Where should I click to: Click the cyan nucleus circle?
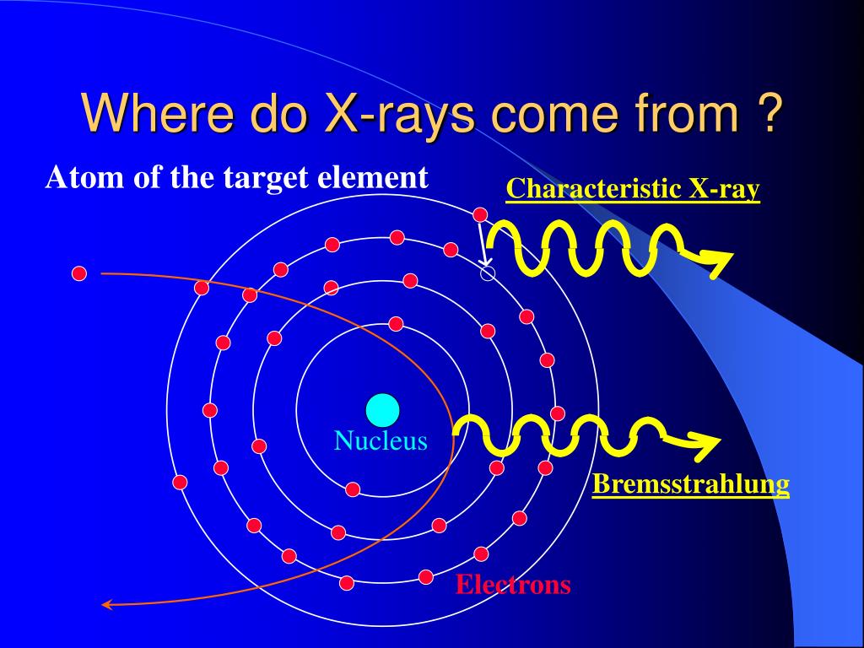coord(382,410)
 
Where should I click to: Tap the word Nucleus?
coord(381,440)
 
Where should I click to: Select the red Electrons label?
coord(513,585)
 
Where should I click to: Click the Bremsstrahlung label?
coord(690,484)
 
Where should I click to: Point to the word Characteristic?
coord(594,189)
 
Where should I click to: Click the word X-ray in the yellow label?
coord(725,189)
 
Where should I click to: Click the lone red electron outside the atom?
coord(78,273)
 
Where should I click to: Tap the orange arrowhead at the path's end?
coord(106,603)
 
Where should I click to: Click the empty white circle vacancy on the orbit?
coord(487,273)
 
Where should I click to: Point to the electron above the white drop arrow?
coord(480,214)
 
